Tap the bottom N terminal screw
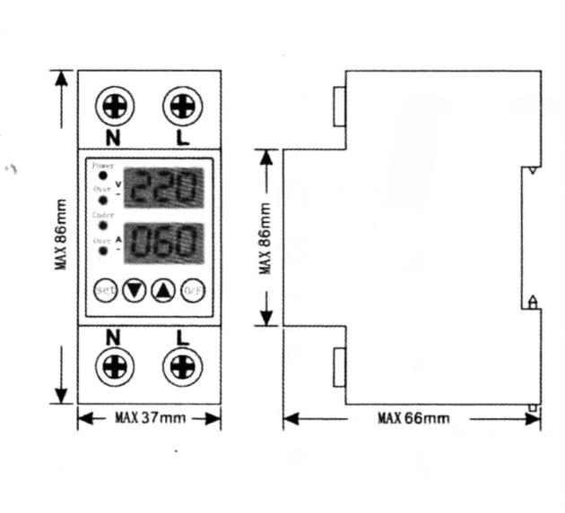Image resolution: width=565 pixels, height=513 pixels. tap(114, 366)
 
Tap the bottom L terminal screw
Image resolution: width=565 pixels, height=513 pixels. tap(182, 366)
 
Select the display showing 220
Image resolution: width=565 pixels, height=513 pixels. tap(163, 188)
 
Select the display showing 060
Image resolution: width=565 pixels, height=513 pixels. tap(163, 242)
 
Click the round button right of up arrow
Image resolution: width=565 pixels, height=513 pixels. tap(193, 291)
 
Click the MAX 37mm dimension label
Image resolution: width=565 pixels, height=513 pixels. tap(149, 418)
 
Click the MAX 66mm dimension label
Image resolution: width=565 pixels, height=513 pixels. tap(413, 418)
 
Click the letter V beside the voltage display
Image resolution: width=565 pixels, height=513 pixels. tap(118, 183)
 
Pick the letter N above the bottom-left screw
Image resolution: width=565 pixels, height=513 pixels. tap(113, 338)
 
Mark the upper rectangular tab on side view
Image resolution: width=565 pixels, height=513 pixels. tap(339, 106)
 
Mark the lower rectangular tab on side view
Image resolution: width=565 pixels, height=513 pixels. tap(339, 368)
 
